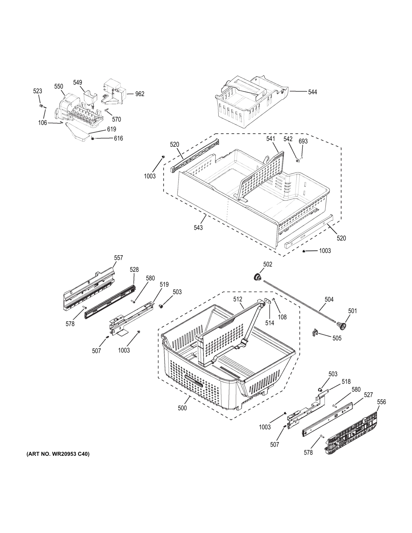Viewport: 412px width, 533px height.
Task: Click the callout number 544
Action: pyautogui.click(x=312, y=92)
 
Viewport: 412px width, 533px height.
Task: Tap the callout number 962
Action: pyautogui.click(x=140, y=94)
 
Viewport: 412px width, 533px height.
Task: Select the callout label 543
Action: pyautogui.click(x=198, y=228)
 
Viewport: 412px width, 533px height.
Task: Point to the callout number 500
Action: pyautogui.click(x=182, y=408)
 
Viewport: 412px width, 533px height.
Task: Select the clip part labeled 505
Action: pyautogui.click(x=316, y=333)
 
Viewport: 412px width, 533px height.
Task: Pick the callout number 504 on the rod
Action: pyautogui.click(x=329, y=300)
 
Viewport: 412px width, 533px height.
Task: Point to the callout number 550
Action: pyautogui.click(x=59, y=87)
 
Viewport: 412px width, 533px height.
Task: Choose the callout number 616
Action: pyautogui.click(x=118, y=138)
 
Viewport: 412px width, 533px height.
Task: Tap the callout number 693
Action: pyautogui.click(x=303, y=141)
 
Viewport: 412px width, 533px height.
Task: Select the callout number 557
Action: pyautogui.click(x=118, y=258)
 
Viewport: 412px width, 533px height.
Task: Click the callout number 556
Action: pyautogui.click(x=381, y=402)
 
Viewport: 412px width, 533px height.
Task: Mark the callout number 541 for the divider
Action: pyautogui.click(x=271, y=139)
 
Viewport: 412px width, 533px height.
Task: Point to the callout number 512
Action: pyautogui.click(x=238, y=299)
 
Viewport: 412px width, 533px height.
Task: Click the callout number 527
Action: pyautogui.click(x=368, y=395)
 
